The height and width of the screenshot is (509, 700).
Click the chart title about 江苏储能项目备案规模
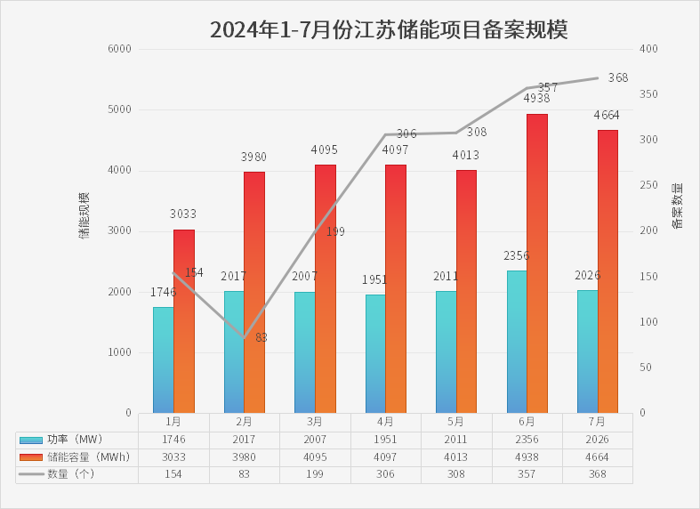389,29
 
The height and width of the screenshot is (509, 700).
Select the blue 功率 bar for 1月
163,360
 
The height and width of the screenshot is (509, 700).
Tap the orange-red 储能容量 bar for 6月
536,263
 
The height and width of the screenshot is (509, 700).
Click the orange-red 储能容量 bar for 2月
253,292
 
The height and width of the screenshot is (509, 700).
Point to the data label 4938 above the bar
536,97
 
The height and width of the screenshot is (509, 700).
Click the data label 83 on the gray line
261,337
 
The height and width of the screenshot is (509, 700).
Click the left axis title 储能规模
84,215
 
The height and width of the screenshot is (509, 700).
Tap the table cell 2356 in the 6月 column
527,440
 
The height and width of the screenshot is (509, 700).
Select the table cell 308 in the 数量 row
456,474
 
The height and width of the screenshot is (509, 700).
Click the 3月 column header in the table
315,422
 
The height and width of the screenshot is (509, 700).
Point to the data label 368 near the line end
618,77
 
